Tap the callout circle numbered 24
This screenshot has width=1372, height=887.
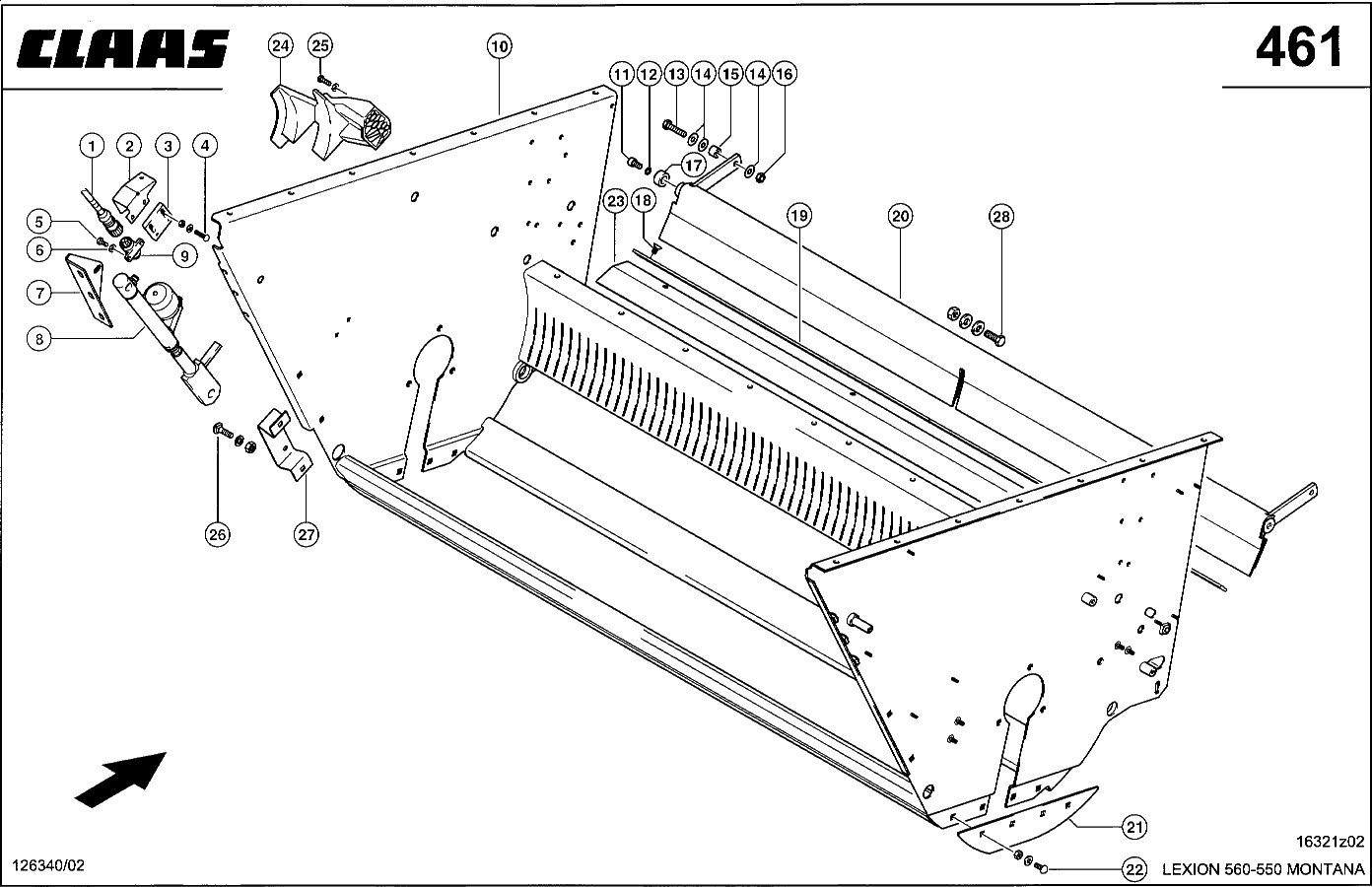click(x=280, y=45)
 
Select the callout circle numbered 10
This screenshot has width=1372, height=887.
click(x=499, y=45)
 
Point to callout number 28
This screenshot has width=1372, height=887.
click(x=1000, y=217)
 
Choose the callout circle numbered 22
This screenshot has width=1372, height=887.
click(x=1134, y=869)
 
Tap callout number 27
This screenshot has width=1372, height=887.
click(x=307, y=534)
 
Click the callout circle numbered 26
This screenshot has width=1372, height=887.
click(x=218, y=534)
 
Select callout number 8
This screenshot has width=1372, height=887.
click(x=38, y=339)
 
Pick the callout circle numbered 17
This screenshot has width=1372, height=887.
click(x=694, y=166)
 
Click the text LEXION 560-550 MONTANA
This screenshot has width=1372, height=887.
click(x=1264, y=869)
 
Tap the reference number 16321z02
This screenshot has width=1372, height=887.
click(x=1330, y=842)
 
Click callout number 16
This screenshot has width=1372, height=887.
click(x=784, y=74)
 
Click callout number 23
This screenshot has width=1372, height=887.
click(x=615, y=202)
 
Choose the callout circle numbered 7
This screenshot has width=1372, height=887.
click(x=38, y=293)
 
